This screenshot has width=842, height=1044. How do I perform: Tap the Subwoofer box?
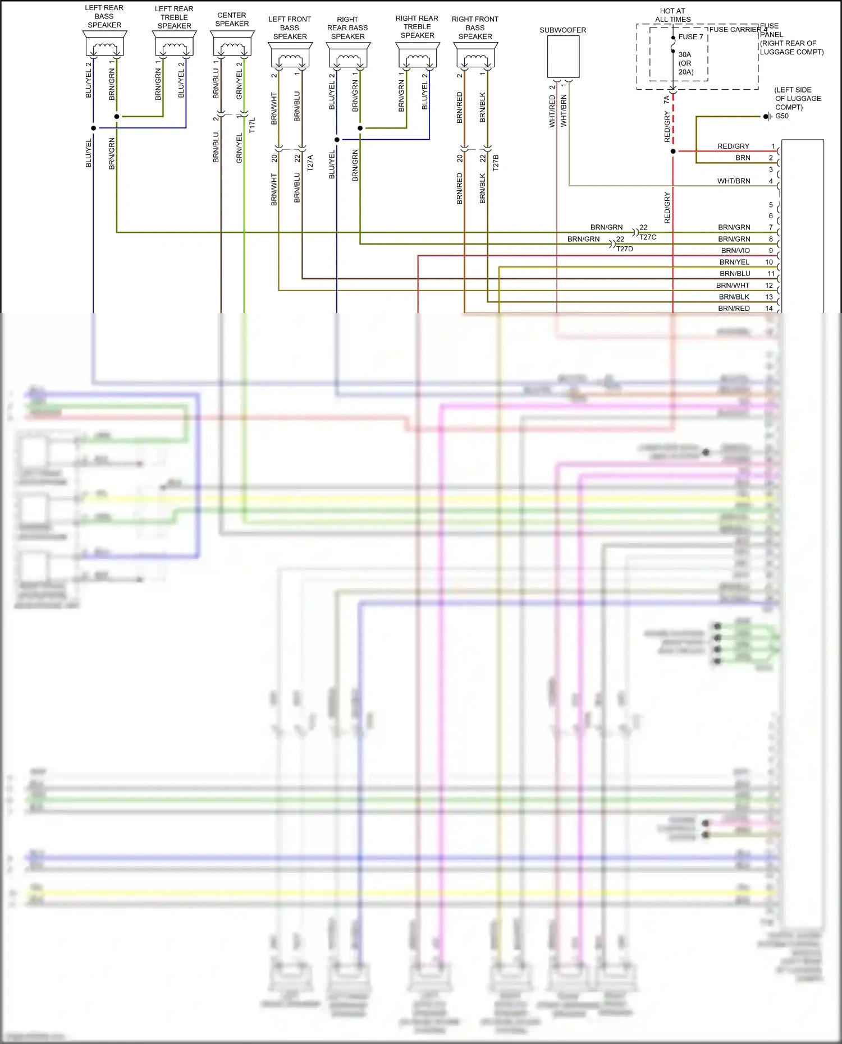coord(563,57)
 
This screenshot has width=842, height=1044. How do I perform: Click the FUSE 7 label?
coord(690,37)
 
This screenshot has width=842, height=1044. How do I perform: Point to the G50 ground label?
coord(782,116)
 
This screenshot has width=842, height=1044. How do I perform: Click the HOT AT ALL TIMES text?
coord(672,15)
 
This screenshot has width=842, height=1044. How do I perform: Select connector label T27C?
coord(648,237)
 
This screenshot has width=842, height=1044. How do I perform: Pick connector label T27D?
coord(625,249)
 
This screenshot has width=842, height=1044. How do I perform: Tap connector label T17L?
coord(252,125)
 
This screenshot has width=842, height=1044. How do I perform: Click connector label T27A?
coord(310,163)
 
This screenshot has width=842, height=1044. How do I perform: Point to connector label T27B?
coord(495,163)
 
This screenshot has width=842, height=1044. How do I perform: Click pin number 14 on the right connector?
coord(769,309)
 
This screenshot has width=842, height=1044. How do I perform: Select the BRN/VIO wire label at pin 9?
coord(735,251)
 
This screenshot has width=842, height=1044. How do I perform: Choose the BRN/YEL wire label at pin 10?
coord(734,263)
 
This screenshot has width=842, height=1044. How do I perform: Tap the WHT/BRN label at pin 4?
coord(734,181)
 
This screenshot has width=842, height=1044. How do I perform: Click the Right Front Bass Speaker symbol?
coord(475,56)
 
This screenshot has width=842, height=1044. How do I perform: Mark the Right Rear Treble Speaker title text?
coord(417,27)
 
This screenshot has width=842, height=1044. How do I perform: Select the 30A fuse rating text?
coord(685,55)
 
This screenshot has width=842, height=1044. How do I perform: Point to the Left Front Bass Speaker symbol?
coord(290,56)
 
